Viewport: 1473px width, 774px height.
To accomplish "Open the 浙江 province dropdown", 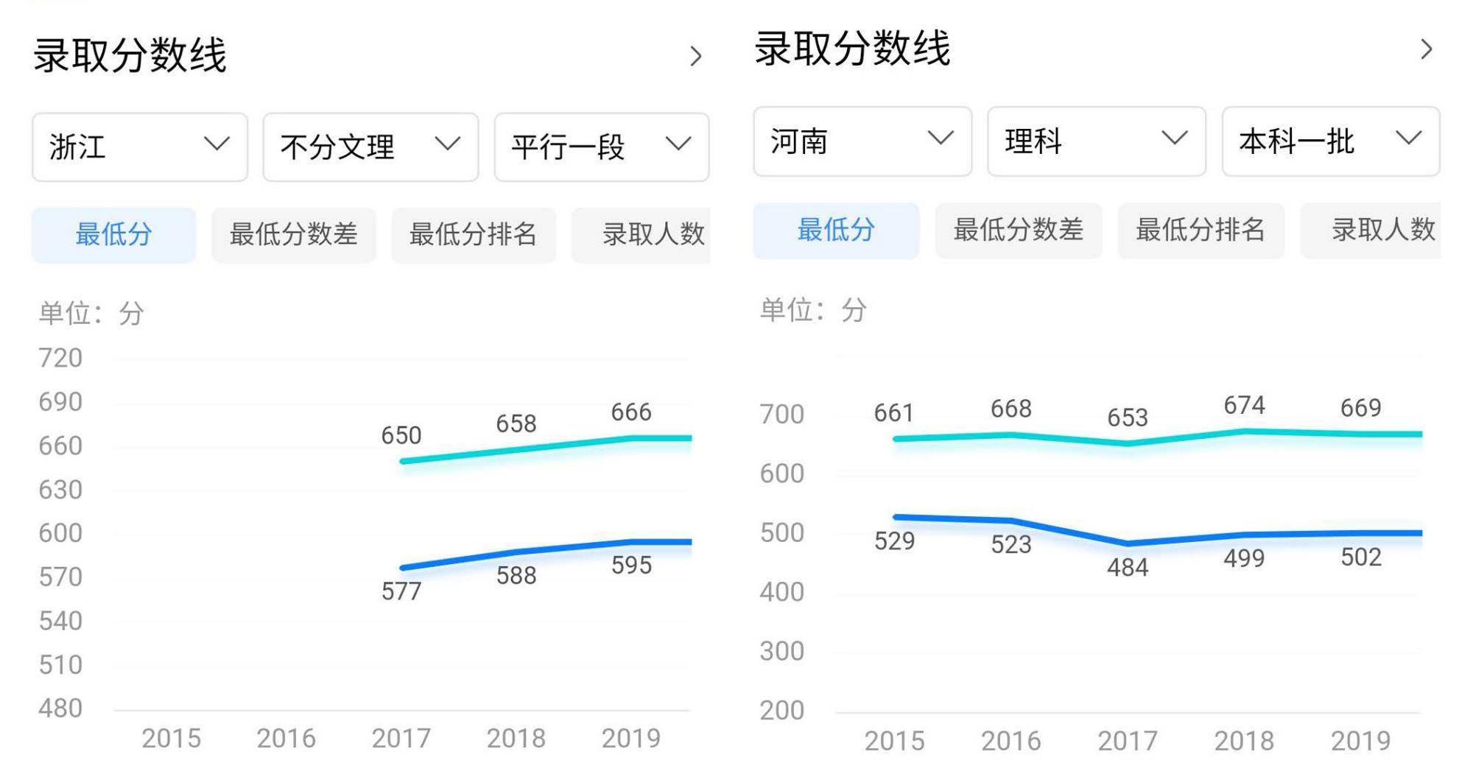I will click(x=139, y=147).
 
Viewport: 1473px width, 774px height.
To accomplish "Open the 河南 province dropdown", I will click(x=862, y=141).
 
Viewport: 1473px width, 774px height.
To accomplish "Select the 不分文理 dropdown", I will click(x=370, y=147).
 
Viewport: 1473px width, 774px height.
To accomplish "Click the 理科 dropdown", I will click(x=1096, y=141).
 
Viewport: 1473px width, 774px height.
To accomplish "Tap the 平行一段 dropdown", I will click(x=601, y=147).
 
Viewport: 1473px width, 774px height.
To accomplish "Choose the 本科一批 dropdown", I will click(x=1330, y=141).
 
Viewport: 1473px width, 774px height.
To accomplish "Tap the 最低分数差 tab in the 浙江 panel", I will click(x=293, y=235).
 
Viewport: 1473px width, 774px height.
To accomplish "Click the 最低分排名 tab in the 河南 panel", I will click(x=1200, y=230).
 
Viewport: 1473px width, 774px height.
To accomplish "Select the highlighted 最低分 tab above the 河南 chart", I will click(x=836, y=230).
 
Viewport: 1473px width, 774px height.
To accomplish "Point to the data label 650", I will click(x=401, y=435).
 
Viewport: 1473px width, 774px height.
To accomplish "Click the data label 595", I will click(x=631, y=565).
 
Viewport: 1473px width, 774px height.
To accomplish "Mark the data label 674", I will click(x=1244, y=405).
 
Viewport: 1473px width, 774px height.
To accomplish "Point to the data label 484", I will click(x=1127, y=567).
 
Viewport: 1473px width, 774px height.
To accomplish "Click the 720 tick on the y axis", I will click(x=60, y=358).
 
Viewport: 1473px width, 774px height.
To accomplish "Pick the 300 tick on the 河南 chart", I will click(x=781, y=651).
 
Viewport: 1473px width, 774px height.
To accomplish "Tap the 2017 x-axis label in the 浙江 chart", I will click(x=401, y=738).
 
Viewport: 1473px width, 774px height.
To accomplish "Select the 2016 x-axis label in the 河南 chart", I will click(x=1010, y=740).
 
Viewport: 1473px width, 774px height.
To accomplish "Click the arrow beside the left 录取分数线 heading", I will click(x=695, y=56).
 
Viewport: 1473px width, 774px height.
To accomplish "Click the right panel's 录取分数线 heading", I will click(x=852, y=49).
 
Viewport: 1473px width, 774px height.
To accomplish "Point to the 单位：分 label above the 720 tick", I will click(x=91, y=314).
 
